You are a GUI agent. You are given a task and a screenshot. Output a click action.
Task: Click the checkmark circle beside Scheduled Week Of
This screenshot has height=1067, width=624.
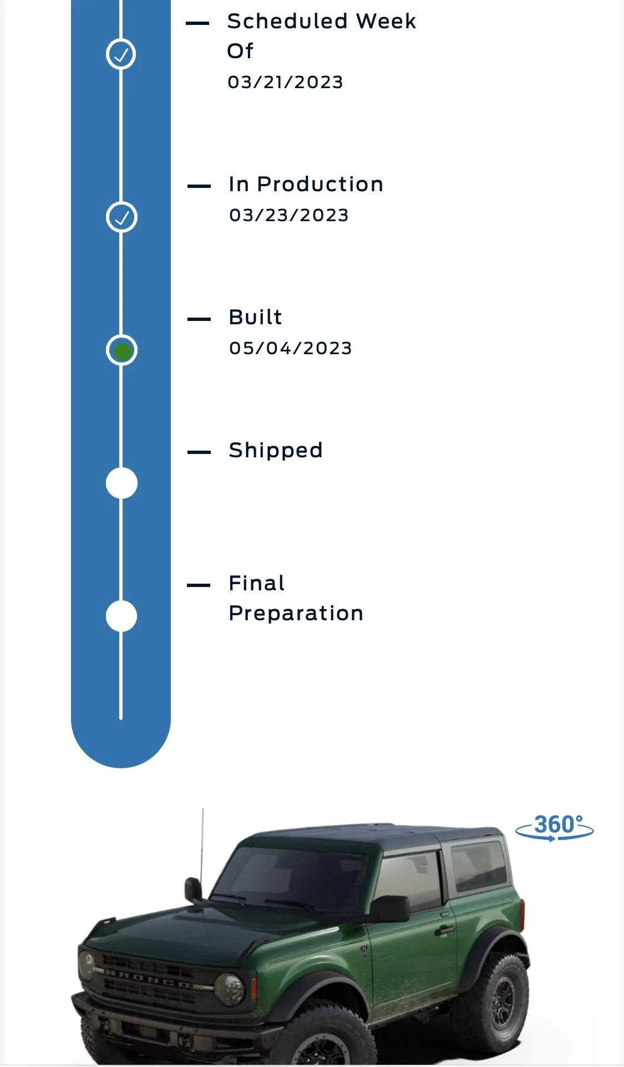coord(121,54)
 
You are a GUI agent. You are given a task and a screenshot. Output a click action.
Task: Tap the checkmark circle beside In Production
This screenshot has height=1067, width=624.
coord(121,217)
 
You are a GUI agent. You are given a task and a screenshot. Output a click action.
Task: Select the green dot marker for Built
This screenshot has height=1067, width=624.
coord(121,350)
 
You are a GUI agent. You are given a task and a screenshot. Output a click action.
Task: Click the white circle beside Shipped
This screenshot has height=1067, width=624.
coord(121,483)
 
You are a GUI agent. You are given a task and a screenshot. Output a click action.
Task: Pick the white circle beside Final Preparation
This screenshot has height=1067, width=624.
coord(121,616)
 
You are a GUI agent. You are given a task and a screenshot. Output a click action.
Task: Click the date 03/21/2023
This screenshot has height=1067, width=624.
coord(285,82)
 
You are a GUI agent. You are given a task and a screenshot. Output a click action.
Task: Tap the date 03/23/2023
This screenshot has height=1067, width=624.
coord(288,215)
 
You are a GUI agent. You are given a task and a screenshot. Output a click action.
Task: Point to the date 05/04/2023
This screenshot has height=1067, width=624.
coord(290,348)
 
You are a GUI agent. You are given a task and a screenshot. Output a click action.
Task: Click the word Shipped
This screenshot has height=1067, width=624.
coord(275,451)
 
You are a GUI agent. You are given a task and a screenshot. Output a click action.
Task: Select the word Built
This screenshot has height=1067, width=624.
coord(255,317)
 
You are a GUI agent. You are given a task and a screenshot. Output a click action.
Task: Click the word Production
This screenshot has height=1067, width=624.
coord(320,184)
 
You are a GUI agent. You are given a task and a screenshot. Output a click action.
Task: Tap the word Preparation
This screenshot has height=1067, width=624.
coord(296,614)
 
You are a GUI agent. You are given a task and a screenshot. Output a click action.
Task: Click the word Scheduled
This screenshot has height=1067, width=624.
coord(287,21)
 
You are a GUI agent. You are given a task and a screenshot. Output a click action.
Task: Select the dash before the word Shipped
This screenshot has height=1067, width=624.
coord(199,452)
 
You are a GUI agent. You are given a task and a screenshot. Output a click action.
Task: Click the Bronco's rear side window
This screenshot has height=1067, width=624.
coord(479,866)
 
